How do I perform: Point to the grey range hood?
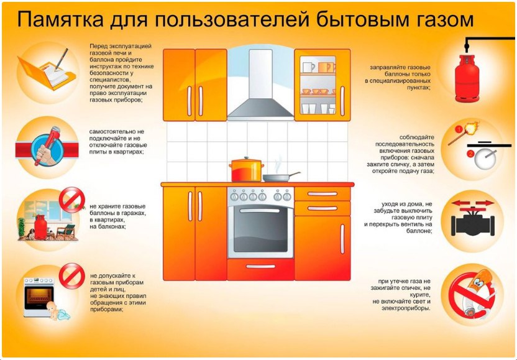tap(260, 87)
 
